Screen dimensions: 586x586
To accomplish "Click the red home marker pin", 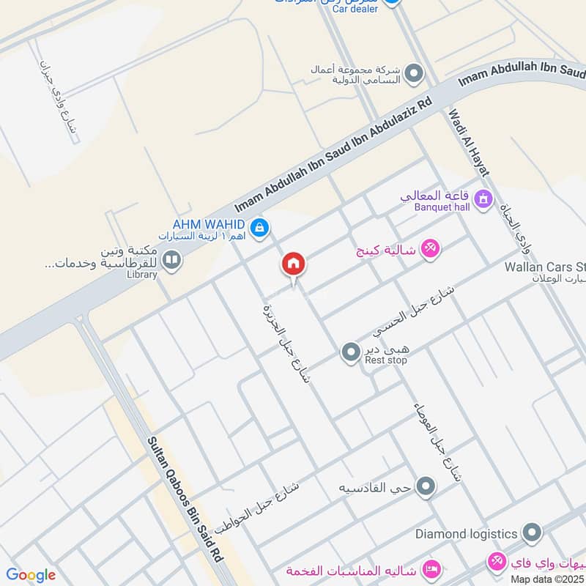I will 294,264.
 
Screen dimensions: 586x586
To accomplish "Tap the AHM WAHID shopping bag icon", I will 258,229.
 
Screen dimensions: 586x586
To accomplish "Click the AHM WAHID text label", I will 207,224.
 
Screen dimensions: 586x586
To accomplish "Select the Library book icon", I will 172,260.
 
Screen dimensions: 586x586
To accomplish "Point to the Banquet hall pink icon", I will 483,198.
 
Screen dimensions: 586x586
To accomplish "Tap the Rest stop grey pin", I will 350,352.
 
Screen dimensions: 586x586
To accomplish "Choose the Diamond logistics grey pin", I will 533,533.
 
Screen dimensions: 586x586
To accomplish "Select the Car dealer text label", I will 355,9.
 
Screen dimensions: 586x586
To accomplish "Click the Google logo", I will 31,575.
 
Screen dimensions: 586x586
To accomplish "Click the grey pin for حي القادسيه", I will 426,486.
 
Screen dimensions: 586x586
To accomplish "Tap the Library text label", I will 141,275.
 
